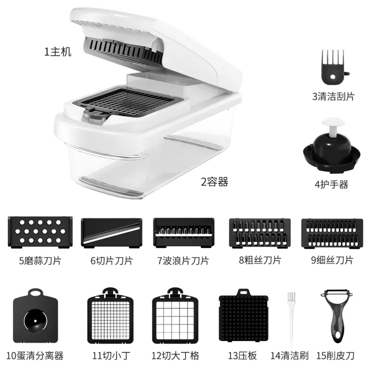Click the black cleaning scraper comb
tap(333, 68)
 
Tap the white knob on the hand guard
tap(333, 126)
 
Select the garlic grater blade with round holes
tap(40, 232)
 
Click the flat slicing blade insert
tap(111, 233)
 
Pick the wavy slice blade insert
tap(184, 233)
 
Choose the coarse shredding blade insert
tap(260, 233)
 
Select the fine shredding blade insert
tap(332, 233)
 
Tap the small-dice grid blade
tap(110, 316)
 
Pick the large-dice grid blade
tap(175, 316)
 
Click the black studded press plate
tap(243, 316)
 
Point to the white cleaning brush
tap(291, 319)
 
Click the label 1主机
tap(58, 52)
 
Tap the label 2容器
tap(214, 182)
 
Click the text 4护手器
tap(331, 184)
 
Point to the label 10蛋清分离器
tap(35, 356)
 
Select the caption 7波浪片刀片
tap(183, 261)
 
